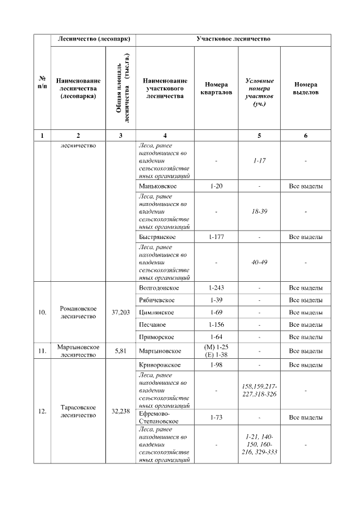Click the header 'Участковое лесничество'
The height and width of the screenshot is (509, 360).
coord(233,39)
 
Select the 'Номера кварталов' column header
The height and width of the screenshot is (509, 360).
coord(216,88)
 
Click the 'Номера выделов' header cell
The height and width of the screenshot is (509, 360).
coord(305,88)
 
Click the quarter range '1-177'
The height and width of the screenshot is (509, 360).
coord(216,237)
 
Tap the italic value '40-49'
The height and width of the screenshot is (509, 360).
coord(259,262)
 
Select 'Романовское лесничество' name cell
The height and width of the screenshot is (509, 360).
coord(78,312)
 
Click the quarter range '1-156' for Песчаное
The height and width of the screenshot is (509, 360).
coord(216,325)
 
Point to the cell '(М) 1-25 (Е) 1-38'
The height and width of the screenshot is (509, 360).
coord(216,350)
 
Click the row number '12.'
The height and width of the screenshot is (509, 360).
coord(42,411)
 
